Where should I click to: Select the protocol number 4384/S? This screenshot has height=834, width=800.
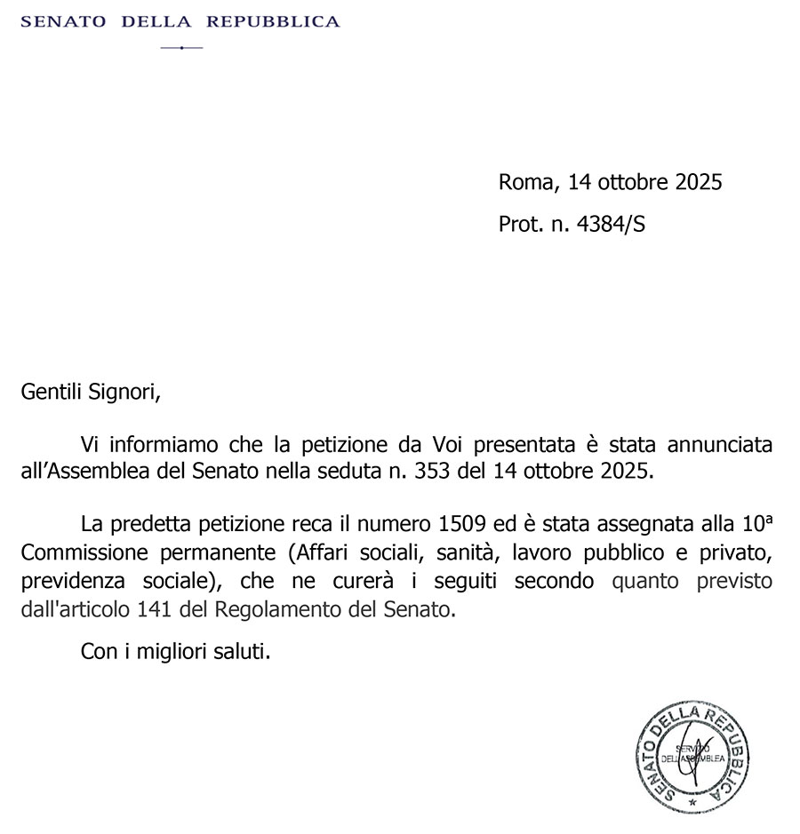(x=611, y=225)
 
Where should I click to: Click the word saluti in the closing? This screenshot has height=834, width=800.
(x=241, y=652)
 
